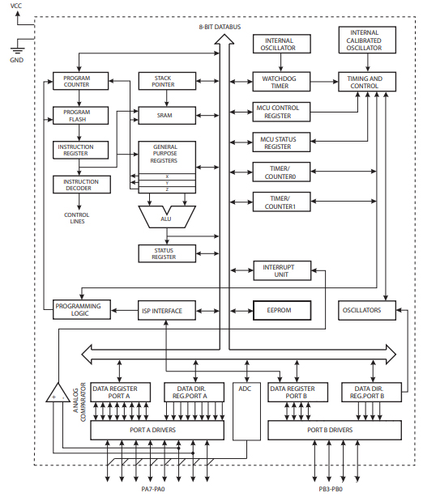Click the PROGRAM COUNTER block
77,82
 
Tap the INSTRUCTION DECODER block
76,185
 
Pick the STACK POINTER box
166,82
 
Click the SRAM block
165,116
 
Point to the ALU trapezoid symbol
166,216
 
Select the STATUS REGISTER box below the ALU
166,253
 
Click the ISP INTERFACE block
162,310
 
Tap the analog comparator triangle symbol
58,393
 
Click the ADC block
245,389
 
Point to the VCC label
16,6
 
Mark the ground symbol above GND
16,48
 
